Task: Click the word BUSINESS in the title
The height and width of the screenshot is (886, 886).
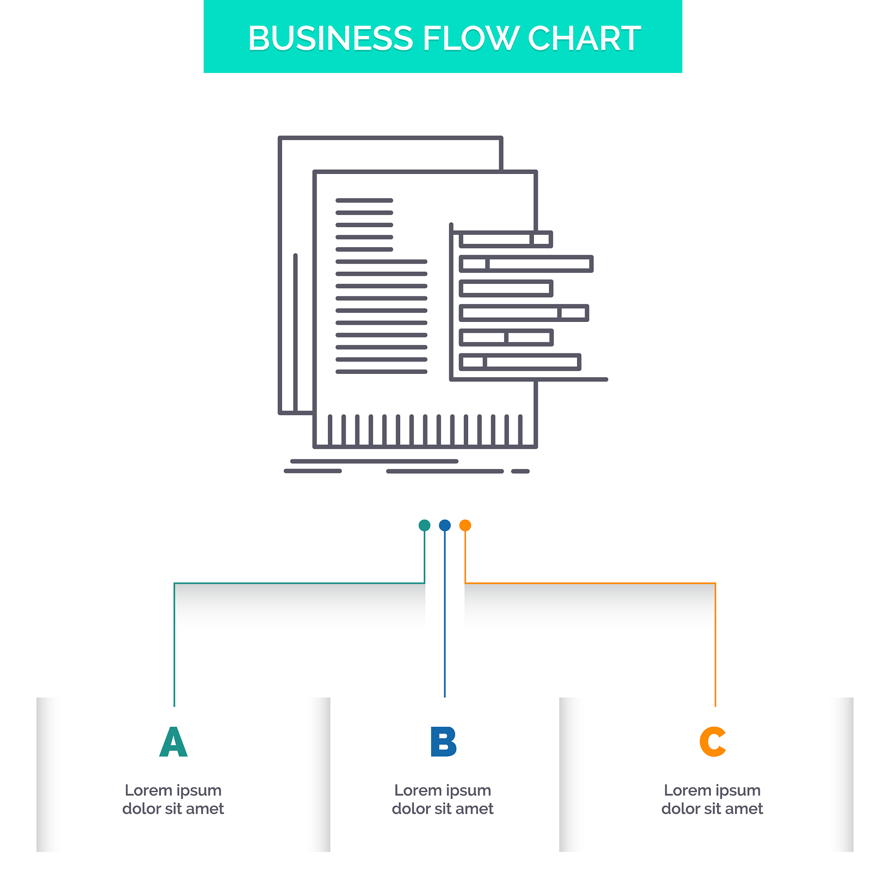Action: coord(331,38)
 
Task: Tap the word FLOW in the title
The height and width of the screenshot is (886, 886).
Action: coord(471,38)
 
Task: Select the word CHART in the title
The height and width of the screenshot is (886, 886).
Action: coord(584,38)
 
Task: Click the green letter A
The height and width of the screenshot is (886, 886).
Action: coord(173,742)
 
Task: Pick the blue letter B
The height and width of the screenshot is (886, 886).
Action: coord(443,742)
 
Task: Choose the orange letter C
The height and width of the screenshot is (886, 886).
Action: coord(713,742)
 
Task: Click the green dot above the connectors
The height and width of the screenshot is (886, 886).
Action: coord(425,525)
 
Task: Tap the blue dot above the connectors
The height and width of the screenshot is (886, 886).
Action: coord(445,525)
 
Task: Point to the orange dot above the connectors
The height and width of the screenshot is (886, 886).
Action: coord(465,525)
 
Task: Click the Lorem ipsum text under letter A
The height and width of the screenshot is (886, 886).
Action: coord(173,800)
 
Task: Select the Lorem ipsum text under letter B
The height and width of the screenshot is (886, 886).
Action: coord(443,800)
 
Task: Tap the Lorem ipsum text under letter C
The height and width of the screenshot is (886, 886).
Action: coord(712,800)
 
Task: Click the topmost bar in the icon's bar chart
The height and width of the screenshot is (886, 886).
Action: coord(506,239)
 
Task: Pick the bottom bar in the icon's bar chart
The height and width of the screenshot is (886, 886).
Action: coord(520,362)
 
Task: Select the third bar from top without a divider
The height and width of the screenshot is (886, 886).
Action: coord(506,288)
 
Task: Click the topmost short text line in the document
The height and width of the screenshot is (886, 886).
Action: coord(364,200)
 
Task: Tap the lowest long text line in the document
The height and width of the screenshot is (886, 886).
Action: coord(382,372)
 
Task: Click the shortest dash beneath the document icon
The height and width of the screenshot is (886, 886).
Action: coord(520,471)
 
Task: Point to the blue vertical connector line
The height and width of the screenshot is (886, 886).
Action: coord(445,614)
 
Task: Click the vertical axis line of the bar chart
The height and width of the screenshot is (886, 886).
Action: coord(451,301)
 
